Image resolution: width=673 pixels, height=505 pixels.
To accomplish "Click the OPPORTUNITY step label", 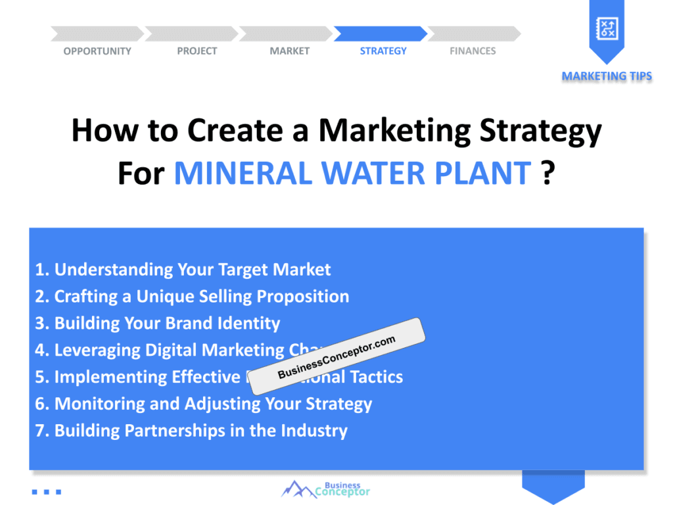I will (x=97, y=51).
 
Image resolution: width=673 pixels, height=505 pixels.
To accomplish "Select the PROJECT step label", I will (x=197, y=51).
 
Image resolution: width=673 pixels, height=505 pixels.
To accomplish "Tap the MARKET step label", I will (x=289, y=51).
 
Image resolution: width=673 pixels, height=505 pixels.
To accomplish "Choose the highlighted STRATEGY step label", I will (x=383, y=51).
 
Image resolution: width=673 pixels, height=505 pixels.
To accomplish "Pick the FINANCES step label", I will (x=473, y=51).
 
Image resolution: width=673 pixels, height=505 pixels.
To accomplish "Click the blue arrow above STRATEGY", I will (x=381, y=34).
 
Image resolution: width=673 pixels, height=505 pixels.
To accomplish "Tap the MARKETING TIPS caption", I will (x=607, y=76).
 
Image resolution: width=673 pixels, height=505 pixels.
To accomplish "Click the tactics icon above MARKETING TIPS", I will (x=606, y=28).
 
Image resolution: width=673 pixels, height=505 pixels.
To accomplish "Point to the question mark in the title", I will (x=547, y=174).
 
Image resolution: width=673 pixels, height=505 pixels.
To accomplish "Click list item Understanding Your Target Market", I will (x=183, y=270).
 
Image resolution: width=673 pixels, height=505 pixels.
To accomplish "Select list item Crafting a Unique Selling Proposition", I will (x=192, y=297).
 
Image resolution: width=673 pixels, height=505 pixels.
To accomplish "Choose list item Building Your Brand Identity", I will (x=158, y=324).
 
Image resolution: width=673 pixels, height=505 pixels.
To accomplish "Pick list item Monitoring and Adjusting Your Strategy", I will (x=204, y=404).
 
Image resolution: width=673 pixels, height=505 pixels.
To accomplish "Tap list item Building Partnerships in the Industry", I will (x=191, y=431).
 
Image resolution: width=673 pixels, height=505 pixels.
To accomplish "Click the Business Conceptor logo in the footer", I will (x=326, y=489).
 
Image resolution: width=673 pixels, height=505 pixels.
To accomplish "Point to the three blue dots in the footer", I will (x=46, y=491).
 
